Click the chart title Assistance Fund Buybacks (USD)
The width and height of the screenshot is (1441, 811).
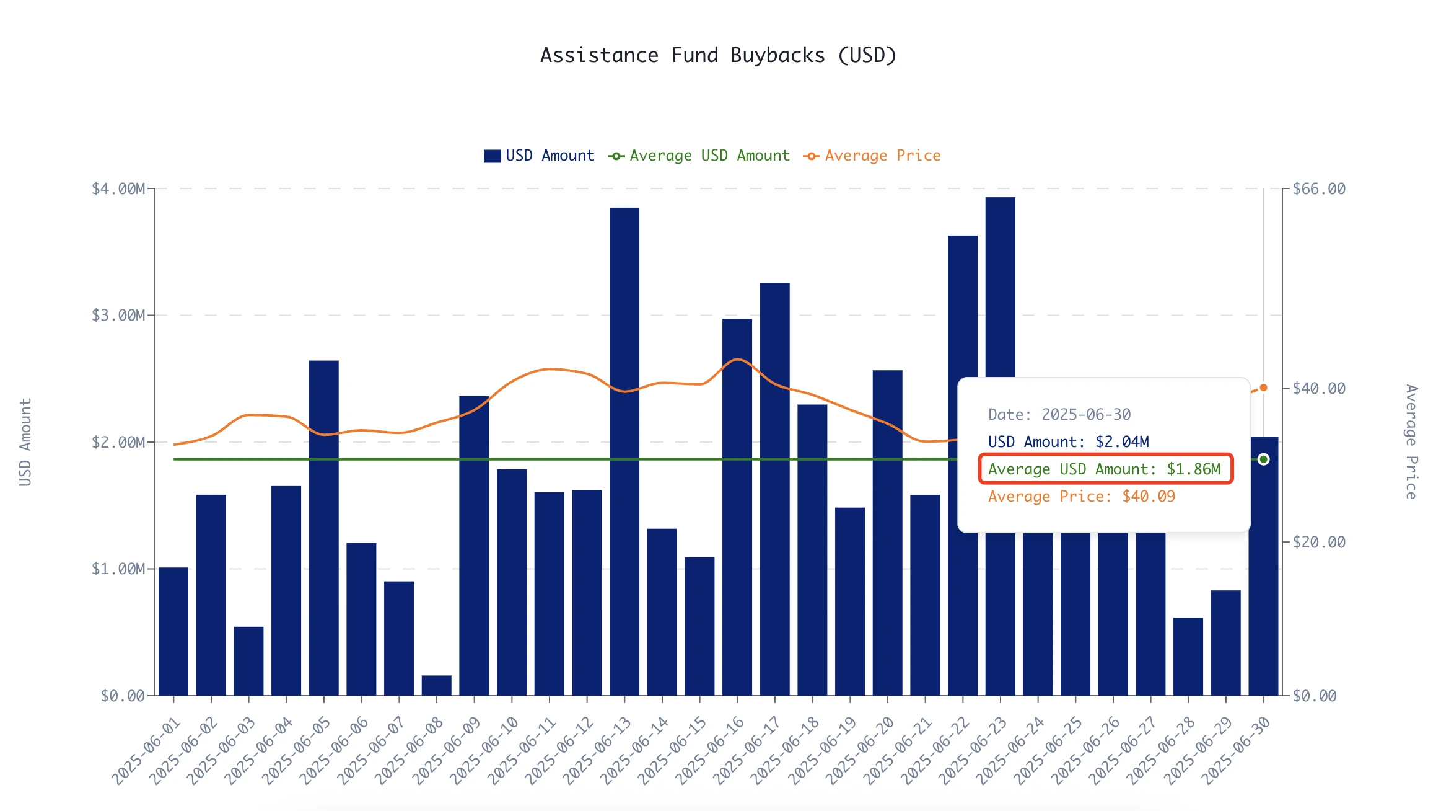click(719, 55)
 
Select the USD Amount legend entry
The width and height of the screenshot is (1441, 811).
click(539, 156)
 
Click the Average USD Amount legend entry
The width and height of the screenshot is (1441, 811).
click(699, 156)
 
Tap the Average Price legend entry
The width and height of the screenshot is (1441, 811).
click(872, 156)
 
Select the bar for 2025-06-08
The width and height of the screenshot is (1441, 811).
click(437, 685)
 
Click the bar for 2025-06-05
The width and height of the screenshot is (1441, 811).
click(324, 528)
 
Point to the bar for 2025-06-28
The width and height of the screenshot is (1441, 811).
click(1188, 657)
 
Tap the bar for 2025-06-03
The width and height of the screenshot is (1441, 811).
click(248, 661)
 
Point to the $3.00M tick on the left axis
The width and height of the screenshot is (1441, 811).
click(118, 315)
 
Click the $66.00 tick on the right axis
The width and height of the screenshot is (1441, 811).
click(1319, 188)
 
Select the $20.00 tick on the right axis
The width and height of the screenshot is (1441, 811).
click(1319, 542)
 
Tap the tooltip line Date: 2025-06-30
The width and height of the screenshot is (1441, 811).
click(1059, 414)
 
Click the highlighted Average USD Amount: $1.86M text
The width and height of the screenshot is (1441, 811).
click(1105, 469)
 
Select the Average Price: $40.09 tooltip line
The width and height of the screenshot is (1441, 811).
click(1082, 496)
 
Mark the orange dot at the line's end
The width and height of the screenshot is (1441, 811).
click(1264, 388)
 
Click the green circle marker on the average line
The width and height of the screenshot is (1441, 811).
click(1264, 459)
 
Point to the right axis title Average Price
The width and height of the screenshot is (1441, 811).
click(1411, 441)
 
